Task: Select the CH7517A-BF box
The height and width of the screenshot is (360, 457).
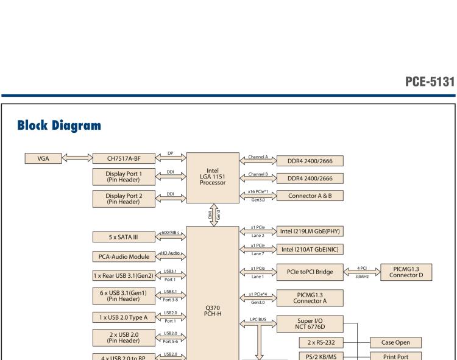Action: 124,159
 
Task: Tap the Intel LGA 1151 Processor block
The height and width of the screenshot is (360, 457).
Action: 213,177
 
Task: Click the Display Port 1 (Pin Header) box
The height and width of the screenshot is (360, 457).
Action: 124,176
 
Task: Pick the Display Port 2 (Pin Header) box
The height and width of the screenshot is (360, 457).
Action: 124,198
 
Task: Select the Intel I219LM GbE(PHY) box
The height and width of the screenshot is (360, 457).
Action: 310,231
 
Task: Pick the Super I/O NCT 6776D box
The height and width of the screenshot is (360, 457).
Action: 310,325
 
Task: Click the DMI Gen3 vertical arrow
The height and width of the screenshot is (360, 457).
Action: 213,214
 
